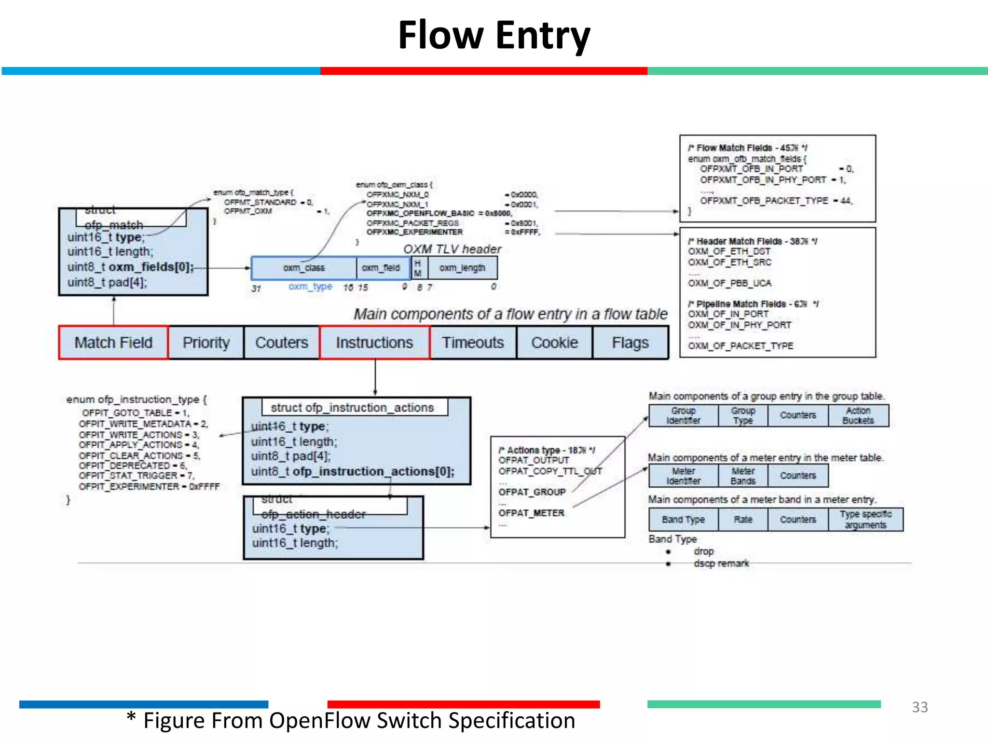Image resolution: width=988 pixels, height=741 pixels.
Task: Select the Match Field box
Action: [113, 343]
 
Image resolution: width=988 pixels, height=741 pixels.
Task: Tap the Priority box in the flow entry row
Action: [206, 343]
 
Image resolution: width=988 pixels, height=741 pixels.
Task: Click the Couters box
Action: [282, 343]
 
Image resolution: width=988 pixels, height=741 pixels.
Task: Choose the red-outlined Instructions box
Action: [374, 343]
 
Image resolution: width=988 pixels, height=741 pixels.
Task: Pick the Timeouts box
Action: [473, 343]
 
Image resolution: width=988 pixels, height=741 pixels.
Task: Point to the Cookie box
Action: [554, 343]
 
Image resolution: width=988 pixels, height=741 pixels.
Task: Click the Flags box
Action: [630, 343]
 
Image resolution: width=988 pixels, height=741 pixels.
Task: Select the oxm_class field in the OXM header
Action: [304, 268]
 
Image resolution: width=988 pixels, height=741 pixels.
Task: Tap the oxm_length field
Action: [462, 268]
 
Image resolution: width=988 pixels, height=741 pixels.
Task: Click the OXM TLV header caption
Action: [452, 249]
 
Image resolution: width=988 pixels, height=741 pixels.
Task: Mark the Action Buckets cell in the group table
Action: [858, 415]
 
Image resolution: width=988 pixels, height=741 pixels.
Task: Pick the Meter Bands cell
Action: [743, 476]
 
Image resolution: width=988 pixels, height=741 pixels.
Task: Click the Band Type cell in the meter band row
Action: [683, 520]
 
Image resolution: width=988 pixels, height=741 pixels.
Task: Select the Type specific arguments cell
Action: [865, 520]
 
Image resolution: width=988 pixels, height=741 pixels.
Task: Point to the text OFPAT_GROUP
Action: [532, 492]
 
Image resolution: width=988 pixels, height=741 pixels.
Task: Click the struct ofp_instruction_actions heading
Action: [352, 408]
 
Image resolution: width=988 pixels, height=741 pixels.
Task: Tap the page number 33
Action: [919, 707]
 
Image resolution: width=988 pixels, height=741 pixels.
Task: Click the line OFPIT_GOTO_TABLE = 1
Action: [135, 413]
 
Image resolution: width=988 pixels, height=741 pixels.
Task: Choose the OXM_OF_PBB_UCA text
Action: [729, 283]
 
